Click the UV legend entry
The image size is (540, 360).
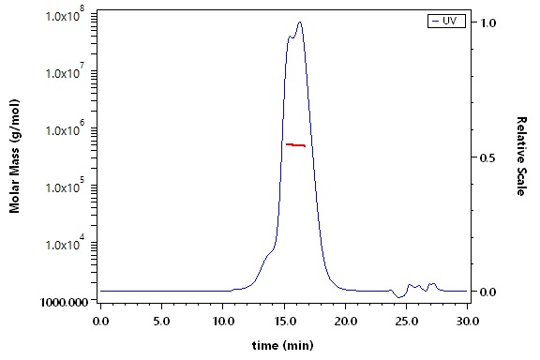point(446,21)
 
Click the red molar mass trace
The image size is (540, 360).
point(295,145)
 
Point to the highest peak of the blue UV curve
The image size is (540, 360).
point(300,22)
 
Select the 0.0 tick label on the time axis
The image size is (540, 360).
point(100,321)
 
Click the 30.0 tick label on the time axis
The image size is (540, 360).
point(467,321)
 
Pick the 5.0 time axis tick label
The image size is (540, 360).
point(161,321)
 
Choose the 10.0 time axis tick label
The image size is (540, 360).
point(223,321)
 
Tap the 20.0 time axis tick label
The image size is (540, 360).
point(345,321)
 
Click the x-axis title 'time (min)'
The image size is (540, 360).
point(283,345)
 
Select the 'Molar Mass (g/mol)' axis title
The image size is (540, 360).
point(14,156)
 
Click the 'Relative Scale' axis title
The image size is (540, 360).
point(521,156)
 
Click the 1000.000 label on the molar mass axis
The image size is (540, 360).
point(65,302)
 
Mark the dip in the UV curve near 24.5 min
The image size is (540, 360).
point(399,297)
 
